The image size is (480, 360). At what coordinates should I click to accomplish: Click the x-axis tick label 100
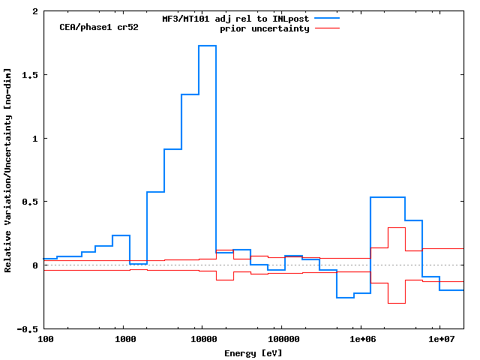coord(46,340)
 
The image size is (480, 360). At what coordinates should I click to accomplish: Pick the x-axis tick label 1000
coord(125,340)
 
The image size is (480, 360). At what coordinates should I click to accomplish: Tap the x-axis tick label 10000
coord(202,340)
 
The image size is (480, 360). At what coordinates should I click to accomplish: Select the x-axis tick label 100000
coord(281,340)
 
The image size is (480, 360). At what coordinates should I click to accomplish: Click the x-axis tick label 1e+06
coord(361,340)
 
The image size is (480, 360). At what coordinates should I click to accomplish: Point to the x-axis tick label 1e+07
coord(439,340)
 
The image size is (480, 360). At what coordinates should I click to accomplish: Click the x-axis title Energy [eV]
coord(253,352)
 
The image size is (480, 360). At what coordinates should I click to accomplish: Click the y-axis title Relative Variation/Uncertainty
coord(8,169)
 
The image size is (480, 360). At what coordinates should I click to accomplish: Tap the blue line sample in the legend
coord(327,18)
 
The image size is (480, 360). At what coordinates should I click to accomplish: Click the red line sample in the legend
coord(327,28)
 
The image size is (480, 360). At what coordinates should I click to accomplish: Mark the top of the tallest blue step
coord(208,46)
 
